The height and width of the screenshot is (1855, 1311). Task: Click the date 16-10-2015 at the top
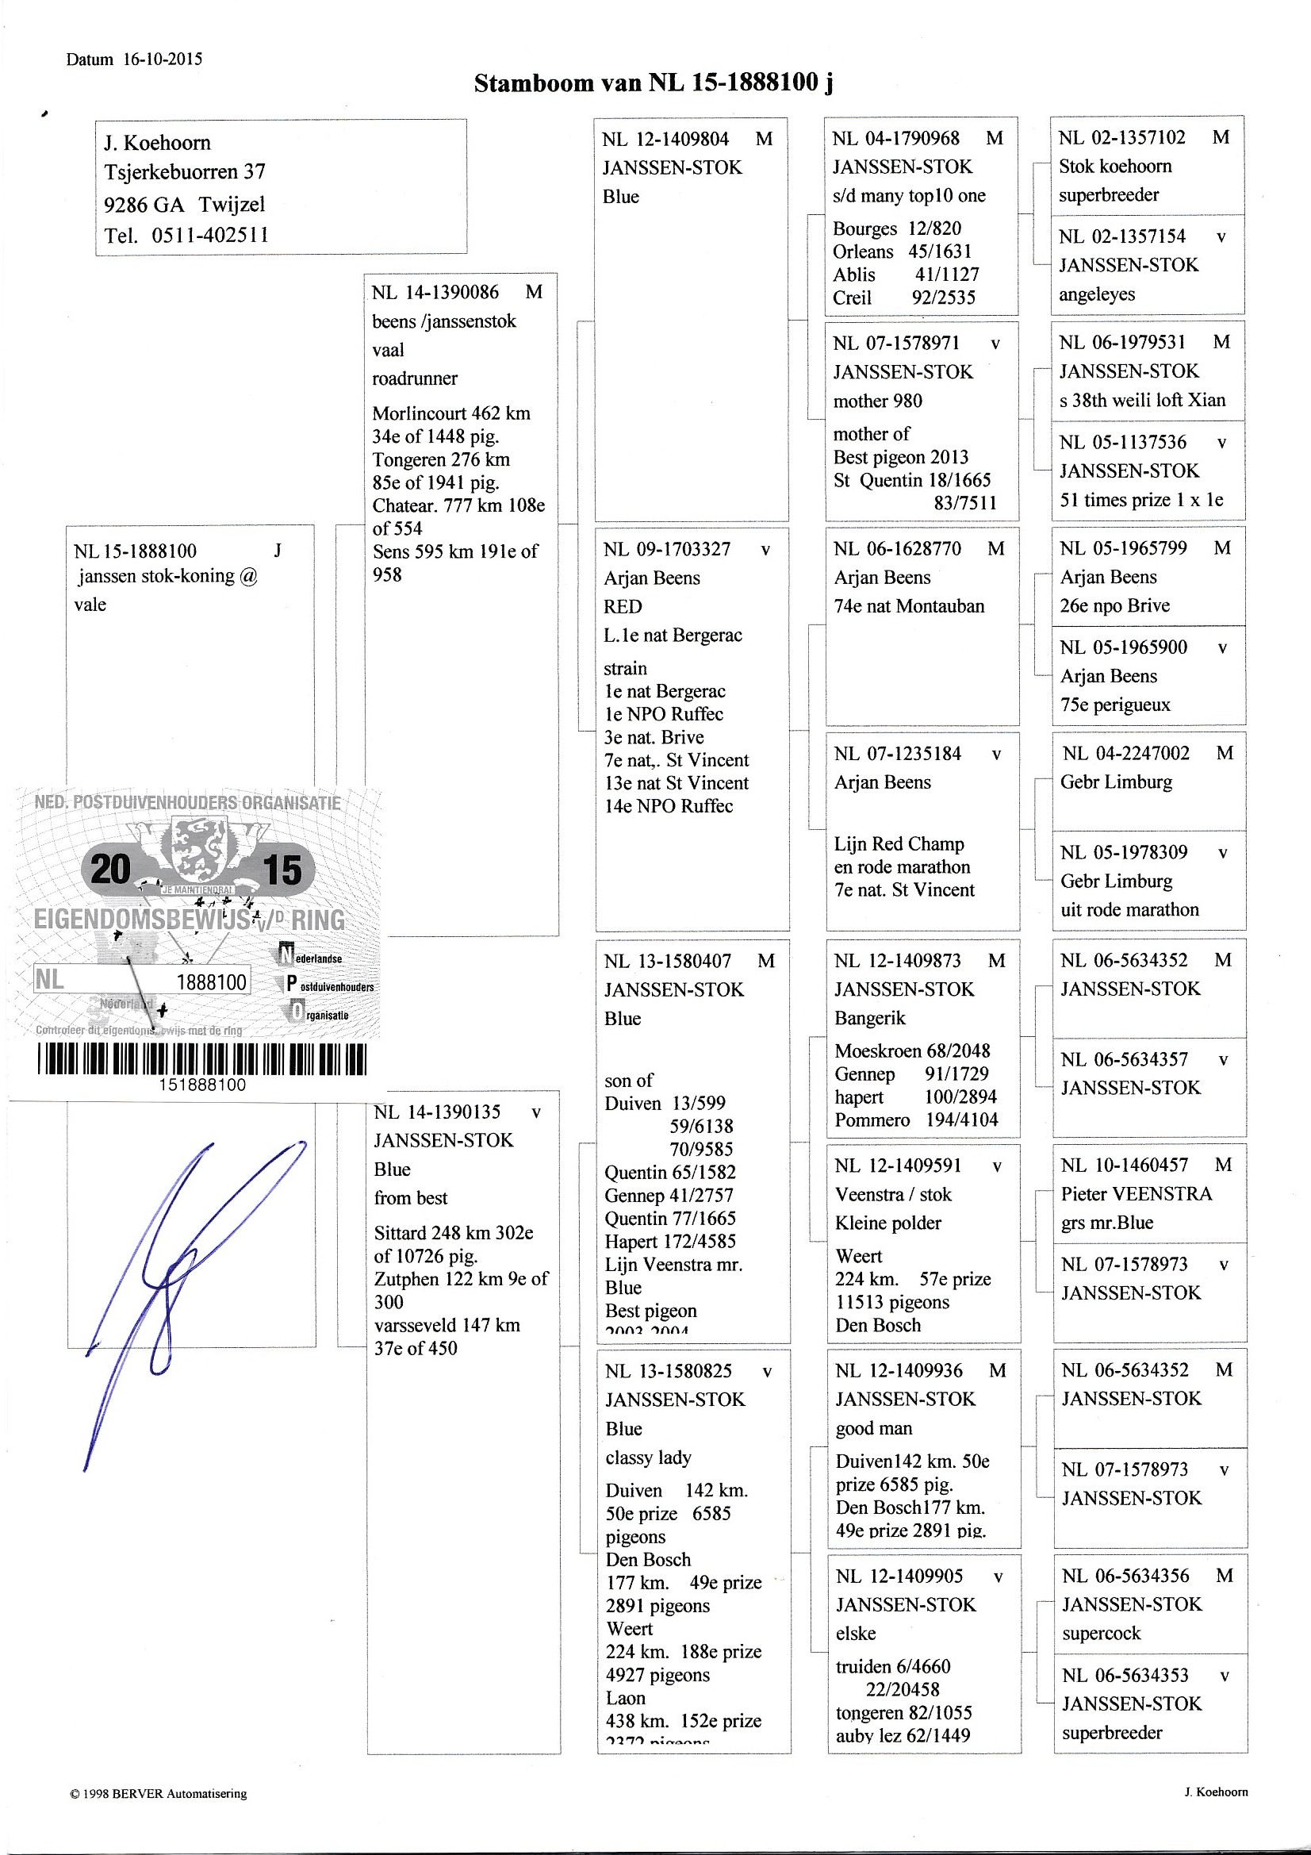point(163,59)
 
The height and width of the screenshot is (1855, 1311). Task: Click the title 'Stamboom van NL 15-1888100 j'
point(654,83)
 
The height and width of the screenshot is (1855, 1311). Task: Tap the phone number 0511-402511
point(210,235)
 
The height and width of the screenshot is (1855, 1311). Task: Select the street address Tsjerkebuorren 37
point(184,171)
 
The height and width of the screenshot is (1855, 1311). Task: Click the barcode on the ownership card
point(202,1058)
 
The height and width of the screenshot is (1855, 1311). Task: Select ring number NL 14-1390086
point(435,293)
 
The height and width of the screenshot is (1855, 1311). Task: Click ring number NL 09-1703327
point(666,549)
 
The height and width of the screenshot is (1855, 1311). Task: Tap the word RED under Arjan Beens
point(623,607)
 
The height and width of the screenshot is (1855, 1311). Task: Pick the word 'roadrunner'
point(414,378)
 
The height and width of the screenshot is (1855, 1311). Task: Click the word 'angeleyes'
point(1096,294)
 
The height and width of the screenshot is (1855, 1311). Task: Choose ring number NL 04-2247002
point(1126,754)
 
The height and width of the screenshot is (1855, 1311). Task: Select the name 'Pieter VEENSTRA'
point(1136,1194)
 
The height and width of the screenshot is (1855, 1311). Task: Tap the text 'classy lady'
point(648,1457)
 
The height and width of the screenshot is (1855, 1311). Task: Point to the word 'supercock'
point(1101,1633)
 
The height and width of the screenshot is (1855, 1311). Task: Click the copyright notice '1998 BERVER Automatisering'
point(159,1794)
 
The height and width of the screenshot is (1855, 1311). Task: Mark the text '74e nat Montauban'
point(909,606)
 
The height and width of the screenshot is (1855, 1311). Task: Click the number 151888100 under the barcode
point(202,1085)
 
